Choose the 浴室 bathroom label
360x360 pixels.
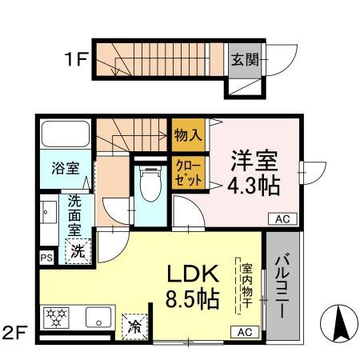click(66, 168)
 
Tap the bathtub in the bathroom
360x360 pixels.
click(66, 134)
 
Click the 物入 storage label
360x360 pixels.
click(188, 135)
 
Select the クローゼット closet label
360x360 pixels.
click(188, 174)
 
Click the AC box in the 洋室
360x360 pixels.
click(283, 218)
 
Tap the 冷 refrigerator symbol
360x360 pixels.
click(133, 326)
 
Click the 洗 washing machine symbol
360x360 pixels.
click(78, 251)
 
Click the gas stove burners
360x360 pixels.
click(57, 316)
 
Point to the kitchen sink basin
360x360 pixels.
click(98, 317)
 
